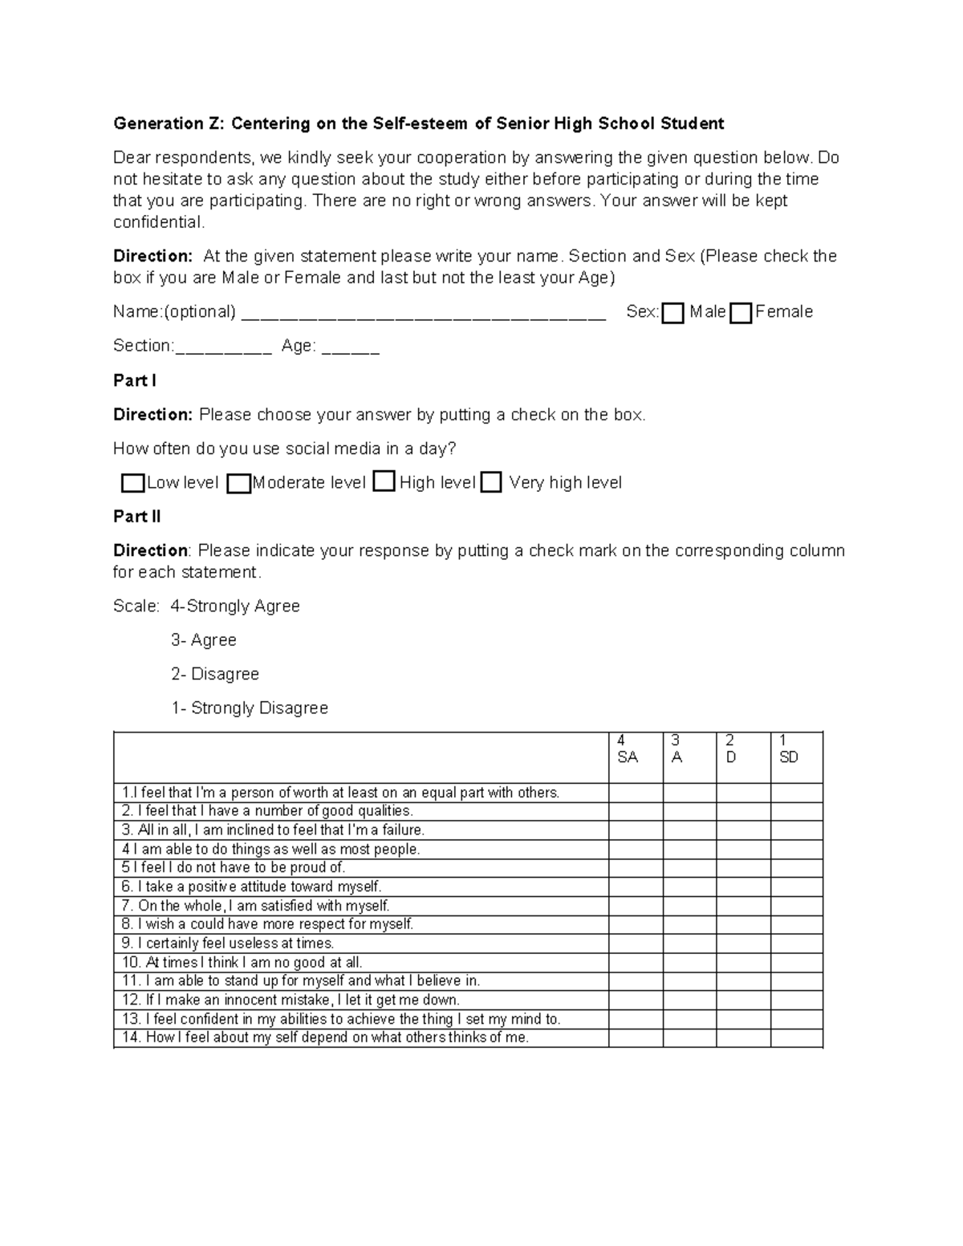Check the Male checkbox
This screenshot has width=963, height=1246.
[673, 313]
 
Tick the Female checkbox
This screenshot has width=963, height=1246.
[742, 313]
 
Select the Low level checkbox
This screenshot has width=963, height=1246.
[132, 483]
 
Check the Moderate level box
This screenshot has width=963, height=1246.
[238, 483]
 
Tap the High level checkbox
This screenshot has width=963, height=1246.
[384, 481]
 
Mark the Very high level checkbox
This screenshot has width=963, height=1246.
[491, 482]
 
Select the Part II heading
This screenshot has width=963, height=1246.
[137, 517]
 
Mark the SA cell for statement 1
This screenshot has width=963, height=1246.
[636, 793]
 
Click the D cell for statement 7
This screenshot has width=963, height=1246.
[743, 906]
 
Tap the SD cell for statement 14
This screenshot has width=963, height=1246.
[796, 1038]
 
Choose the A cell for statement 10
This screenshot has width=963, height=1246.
[689, 962]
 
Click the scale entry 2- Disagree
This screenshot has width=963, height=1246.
[215, 674]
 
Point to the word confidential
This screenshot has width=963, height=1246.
[159, 222]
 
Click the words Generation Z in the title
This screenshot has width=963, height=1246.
[170, 124]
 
